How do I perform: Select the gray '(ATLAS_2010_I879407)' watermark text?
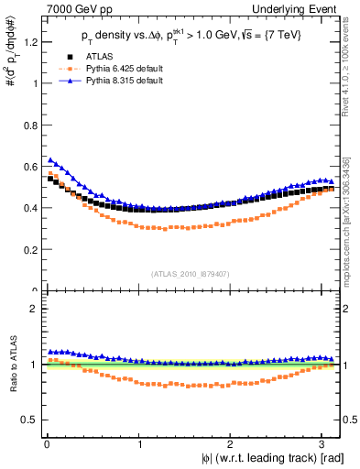pos(191,272)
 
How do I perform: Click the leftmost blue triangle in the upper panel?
pos(51,159)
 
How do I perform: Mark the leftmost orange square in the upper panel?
pos(51,172)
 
